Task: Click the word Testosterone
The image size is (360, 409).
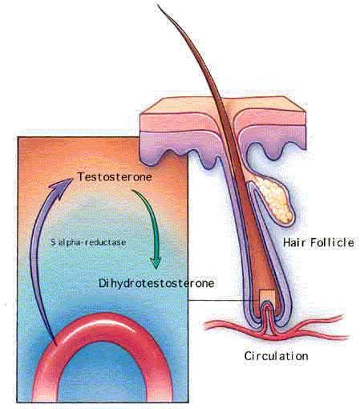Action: pyautogui.click(x=115, y=176)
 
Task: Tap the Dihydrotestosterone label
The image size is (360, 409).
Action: pyautogui.click(x=156, y=283)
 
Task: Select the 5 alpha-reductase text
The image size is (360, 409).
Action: pyautogui.click(x=88, y=242)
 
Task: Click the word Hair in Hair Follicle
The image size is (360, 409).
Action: pyautogui.click(x=295, y=243)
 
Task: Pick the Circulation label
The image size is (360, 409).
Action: pyautogui.click(x=276, y=356)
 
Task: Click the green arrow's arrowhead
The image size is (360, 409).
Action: pyautogui.click(x=156, y=263)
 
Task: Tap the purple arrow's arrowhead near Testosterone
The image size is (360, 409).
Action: pyautogui.click(x=63, y=187)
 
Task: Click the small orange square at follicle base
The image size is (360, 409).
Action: pyautogui.click(x=267, y=296)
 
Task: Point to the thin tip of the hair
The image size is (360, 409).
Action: pyautogui.click(x=158, y=4)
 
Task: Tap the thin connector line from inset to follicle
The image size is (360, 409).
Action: pyautogui.click(x=224, y=300)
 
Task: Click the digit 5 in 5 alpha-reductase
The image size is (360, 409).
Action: pyautogui.click(x=53, y=242)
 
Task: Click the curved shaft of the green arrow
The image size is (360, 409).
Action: pyautogui.click(x=150, y=219)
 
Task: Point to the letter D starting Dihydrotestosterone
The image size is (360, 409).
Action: pyautogui.click(x=102, y=283)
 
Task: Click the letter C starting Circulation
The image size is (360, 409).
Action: pyautogui.click(x=248, y=356)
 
